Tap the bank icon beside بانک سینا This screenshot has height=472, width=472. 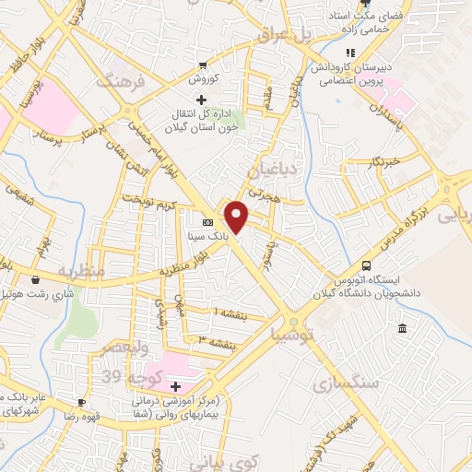coord(207,222)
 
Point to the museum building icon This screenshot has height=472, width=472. coord(402,329)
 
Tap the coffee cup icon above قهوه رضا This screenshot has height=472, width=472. coord(82,403)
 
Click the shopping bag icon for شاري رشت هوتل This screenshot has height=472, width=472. coord(35,279)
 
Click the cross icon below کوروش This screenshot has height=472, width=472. coord(188,98)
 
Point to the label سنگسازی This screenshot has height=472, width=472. coord(343,383)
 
